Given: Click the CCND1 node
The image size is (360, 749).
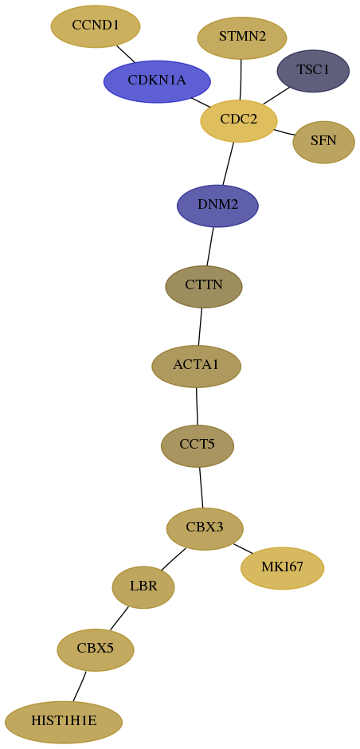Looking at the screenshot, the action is pos(96,26).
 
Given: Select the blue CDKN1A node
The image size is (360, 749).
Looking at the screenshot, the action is pos(157,81).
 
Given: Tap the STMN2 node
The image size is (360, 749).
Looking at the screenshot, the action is pos(241,37).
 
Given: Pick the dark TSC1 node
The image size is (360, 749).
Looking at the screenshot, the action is pos(313,71).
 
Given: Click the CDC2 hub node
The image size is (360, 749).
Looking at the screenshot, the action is pos(239,121).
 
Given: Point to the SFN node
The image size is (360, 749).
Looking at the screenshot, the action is pos(323,142).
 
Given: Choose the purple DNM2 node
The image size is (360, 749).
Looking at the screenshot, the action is pos(217,206).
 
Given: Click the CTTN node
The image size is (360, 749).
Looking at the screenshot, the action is pos(204,287).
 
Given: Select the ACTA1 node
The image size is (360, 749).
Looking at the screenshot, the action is pos(196,367).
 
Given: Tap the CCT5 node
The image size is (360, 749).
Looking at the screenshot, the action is pos(198,445).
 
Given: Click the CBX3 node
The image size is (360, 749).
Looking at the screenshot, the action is pos(205,529).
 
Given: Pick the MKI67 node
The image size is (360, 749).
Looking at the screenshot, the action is pos(283,568).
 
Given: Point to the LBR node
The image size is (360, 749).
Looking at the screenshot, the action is pos(143,587).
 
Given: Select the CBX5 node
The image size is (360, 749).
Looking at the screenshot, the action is pos(96,649).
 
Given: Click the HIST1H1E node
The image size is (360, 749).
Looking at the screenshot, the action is pos(64,722).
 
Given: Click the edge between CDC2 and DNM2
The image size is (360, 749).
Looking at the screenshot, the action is pos(229,163).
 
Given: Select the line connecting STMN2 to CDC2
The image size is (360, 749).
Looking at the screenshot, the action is pos(241,80).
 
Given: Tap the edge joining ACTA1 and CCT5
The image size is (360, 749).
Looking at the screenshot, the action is pos(197,406).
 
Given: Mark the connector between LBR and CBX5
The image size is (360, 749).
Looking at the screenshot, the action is pos(119,618).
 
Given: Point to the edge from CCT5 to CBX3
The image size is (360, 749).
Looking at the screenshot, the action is pos(201,487).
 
